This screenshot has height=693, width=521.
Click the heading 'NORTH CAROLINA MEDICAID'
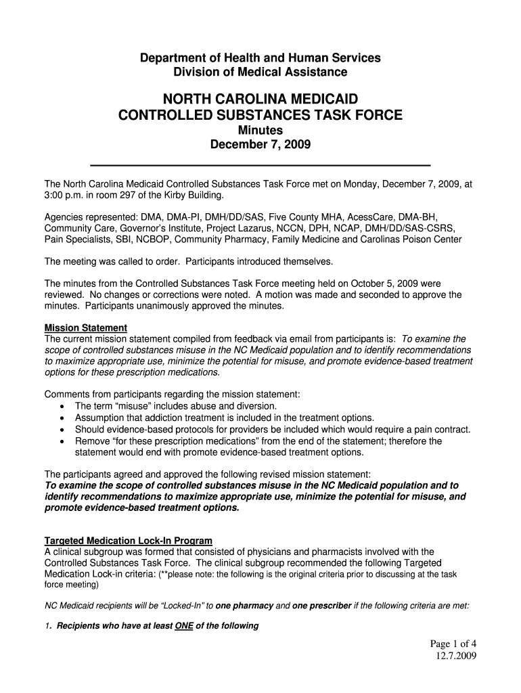pyautogui.click(x=260, y=99)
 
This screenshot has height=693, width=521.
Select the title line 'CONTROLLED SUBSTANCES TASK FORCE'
pyautogui.click(x=260, y=116)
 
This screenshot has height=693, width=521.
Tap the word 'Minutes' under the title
pyautogui.click(x=260, y=130)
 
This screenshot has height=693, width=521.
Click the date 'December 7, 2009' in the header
pyautogui.click(x=260, y=145)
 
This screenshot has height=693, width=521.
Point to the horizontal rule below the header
pyautogui.click(x=260, y=165)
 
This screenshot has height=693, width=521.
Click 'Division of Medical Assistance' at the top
pyautogui.click(x=260, y=72)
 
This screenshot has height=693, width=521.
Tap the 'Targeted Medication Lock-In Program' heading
pyautogui.click(x=129, y=541)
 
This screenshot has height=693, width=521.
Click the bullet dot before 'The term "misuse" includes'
pyautogui.click(x=62, y=406)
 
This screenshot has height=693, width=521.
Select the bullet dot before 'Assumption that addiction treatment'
pyautogui.click(x=62, y=418)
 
